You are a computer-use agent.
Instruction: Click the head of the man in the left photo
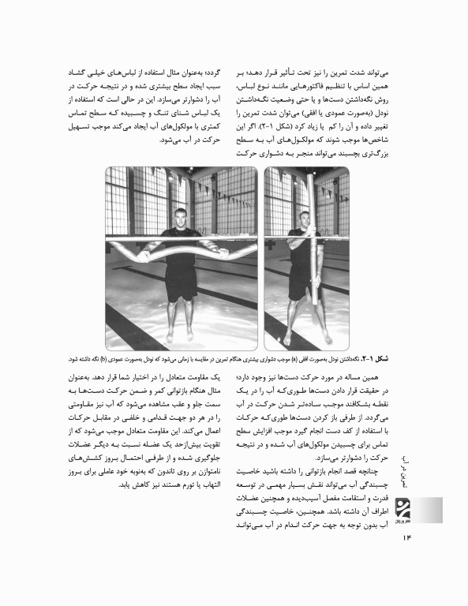pyautogui.click(x=181, y=219)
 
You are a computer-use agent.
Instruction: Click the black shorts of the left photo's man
pyautogui.click(x=181, y=276)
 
